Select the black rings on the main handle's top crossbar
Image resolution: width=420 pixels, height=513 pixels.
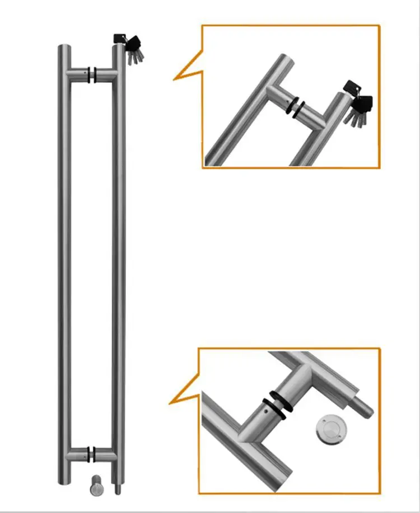click(92, 74)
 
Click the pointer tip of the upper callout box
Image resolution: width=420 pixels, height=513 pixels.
click(174, 78)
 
